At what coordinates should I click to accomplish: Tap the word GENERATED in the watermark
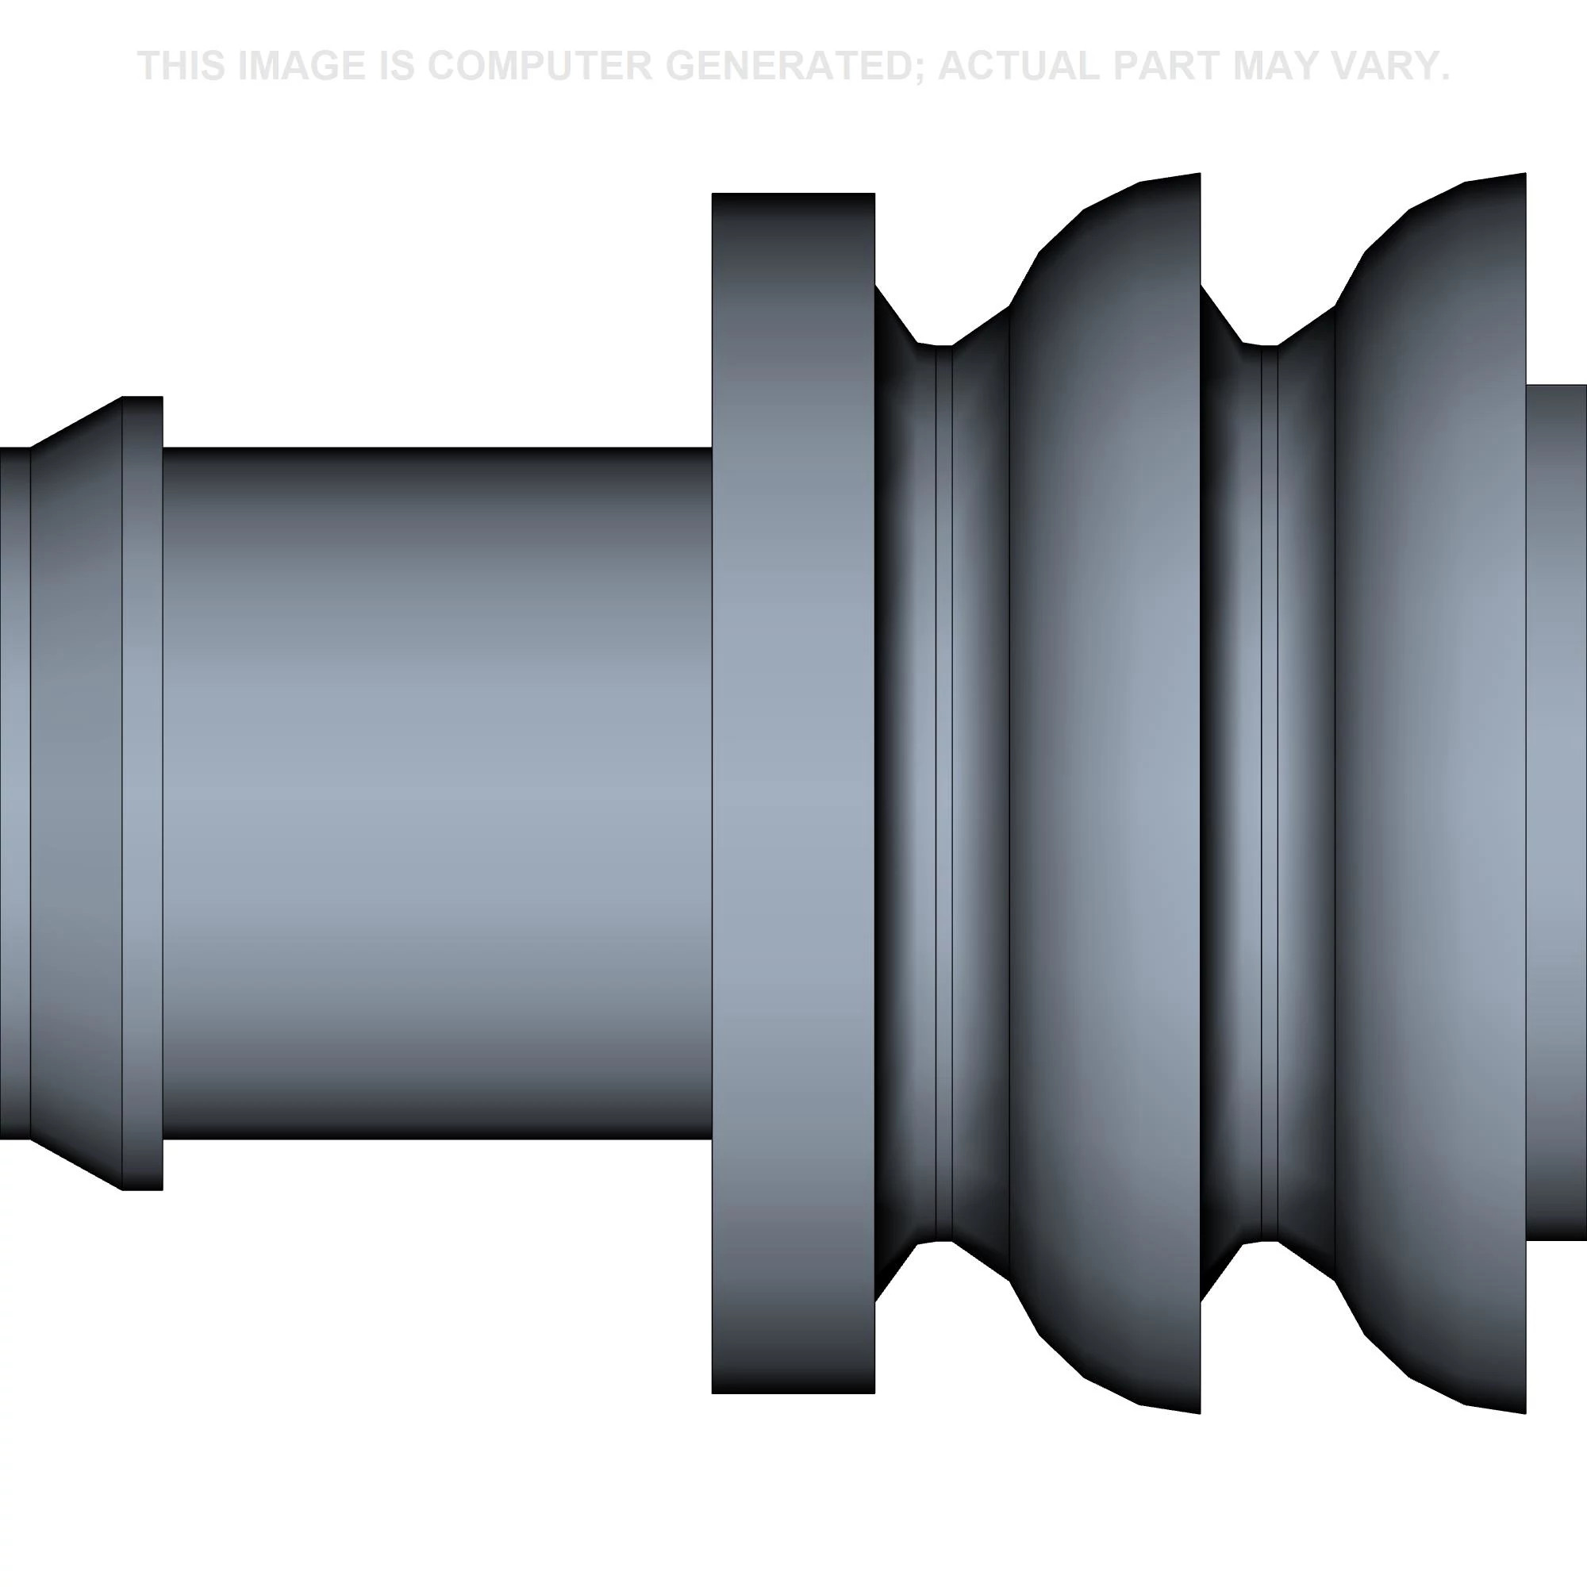tap(794, 66)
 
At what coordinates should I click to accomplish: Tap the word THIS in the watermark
tap(181, 66)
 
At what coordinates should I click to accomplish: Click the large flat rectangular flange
tap(793, 793)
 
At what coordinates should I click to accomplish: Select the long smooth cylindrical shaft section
tap(437, 793)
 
